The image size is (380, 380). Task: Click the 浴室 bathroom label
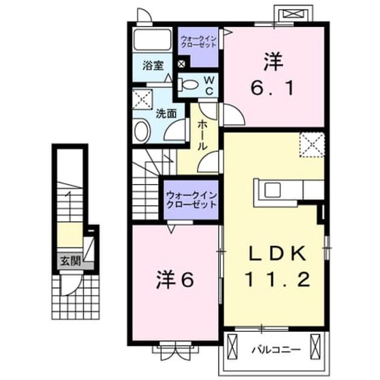(153, 65)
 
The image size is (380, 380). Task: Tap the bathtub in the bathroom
(152, 39)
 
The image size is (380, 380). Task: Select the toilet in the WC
(188, 85)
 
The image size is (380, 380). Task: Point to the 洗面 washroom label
(166, 113)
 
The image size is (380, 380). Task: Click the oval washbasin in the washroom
(142, 131)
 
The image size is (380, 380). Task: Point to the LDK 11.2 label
(277, 266)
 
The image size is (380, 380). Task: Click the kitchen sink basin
(272, 190)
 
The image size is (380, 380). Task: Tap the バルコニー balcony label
(276, 350)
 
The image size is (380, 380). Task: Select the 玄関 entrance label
(71, 261)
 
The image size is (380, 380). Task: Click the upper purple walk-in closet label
(198, 42)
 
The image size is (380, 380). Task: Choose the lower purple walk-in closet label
(191, 200)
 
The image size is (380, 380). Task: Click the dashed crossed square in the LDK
(312, 145)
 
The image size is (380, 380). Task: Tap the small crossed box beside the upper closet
(182, 64)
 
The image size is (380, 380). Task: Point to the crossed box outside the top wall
(294, 13)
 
